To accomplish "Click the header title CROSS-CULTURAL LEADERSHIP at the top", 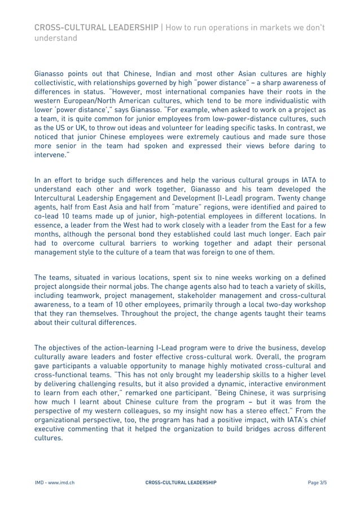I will click(96, 28).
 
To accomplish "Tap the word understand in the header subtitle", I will click(56, 38).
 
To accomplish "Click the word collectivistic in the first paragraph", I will click(58, 82).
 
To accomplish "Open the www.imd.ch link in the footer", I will click(63, 483).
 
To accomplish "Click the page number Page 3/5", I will click(317, 483).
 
